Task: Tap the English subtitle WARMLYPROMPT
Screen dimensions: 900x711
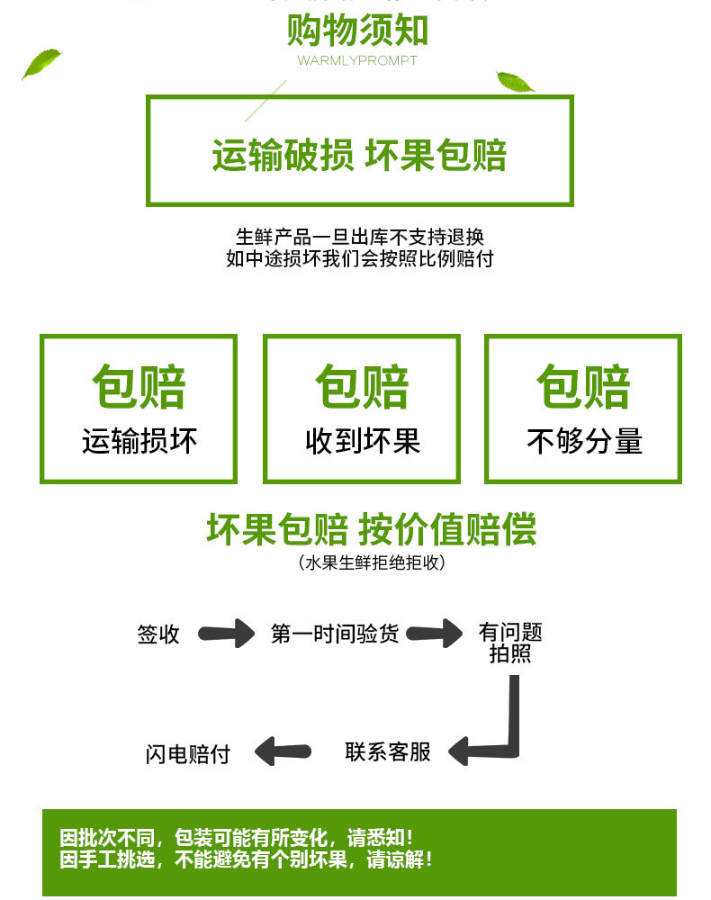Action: (x=357, y=61)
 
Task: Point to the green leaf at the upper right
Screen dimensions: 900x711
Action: (x=515, y=82)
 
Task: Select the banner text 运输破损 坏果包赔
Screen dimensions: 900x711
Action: (x=359, y=155)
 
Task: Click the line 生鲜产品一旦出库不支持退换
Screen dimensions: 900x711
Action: (x=359, y=238)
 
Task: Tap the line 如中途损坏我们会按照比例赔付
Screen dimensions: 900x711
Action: (x=359, y=259)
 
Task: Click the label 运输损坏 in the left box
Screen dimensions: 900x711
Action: (x=139, y=441)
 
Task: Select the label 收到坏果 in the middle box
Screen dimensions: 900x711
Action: (x=362, y=441)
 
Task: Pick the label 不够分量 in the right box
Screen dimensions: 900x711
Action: (x=584, y=441)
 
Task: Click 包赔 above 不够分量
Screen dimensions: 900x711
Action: (x=584, y=387)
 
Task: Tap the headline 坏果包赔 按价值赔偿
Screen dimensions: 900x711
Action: (x=371, y=529)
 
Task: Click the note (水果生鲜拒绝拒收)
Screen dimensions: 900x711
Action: (x=371, y=563)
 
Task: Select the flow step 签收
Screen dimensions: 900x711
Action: (x=158, y=634)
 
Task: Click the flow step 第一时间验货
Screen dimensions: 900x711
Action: (x=335, y=634)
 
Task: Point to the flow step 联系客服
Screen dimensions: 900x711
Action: (x=388, y=751)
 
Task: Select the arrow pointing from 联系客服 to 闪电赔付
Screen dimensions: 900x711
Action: (x=283, y=751)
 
